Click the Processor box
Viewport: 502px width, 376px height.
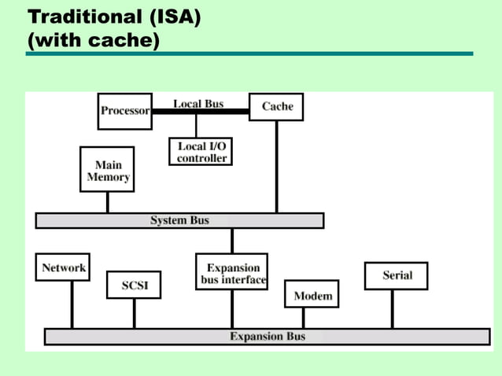[124, 111]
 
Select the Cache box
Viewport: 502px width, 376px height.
[276, 107]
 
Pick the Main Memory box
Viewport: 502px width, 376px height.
[108, 171]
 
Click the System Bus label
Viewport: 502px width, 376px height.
[179, 221]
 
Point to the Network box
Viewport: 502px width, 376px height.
[63, 267]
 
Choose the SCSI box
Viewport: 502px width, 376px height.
[134, 285]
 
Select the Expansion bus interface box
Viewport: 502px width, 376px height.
[231, 273]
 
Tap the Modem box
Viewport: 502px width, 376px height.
[312, 296]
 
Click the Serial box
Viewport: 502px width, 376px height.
[397, 275]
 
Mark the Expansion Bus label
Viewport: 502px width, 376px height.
[267, 337]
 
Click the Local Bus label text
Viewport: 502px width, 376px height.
[198, 103]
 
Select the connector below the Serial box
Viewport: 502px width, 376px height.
[393, 309]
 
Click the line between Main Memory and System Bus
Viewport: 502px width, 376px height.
[108, 202]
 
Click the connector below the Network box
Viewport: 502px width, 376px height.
[72, 305]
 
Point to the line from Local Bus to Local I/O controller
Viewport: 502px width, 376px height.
[196, 125]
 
